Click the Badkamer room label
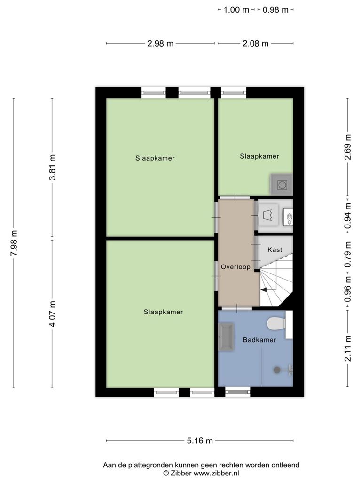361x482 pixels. point(259,340)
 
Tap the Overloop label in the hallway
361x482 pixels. point(236,267)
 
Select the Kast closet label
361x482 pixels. point(275,249)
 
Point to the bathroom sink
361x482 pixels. point(226,337)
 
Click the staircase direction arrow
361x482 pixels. point(264,289)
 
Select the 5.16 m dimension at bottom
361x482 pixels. point(200,441)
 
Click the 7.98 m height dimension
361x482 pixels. point(14,243)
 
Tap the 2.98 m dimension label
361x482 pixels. point(160,44)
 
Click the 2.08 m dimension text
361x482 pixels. point(255,44)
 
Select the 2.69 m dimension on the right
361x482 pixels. point(348,147)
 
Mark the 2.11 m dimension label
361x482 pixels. point(348,348)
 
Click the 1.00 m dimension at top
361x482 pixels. point(236,10)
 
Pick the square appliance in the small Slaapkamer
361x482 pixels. point(282,185)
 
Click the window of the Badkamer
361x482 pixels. point(238,392)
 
